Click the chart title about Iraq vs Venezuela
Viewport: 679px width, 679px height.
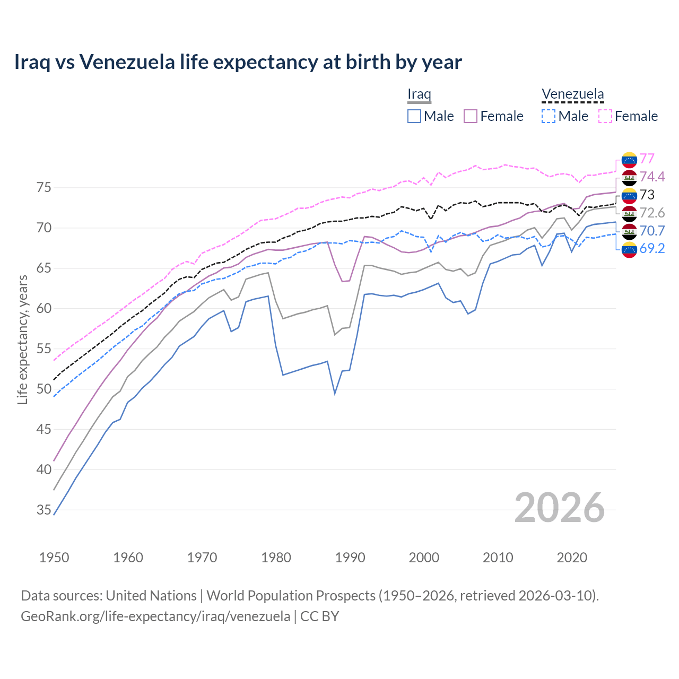[238, 62]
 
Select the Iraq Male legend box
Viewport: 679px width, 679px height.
[414, 116]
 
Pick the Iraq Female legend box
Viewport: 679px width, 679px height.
[471, 116]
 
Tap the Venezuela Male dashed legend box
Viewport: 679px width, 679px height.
[549, 116]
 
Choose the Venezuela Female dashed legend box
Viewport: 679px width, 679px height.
[605, 116]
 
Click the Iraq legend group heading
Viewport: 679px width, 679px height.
[419, 94]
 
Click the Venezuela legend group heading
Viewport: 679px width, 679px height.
[572, 94]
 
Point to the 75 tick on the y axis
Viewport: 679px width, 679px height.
[43, 188]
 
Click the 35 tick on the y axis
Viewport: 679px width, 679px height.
[43, 510]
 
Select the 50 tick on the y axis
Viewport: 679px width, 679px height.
[43, 389]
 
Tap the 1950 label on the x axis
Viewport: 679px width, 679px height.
[54, 558]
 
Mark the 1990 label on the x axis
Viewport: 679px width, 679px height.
[350, 558]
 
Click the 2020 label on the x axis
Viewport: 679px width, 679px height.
[572, 558]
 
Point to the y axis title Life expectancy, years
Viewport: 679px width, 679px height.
[23, 339]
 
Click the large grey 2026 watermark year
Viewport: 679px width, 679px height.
[559, 508]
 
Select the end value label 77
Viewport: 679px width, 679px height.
[647, 159]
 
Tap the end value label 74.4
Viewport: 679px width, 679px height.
[652, 177]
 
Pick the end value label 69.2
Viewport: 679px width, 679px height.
[652, 249]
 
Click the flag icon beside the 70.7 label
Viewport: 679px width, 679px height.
[629, 231]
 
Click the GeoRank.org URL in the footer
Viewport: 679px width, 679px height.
[155, 616]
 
